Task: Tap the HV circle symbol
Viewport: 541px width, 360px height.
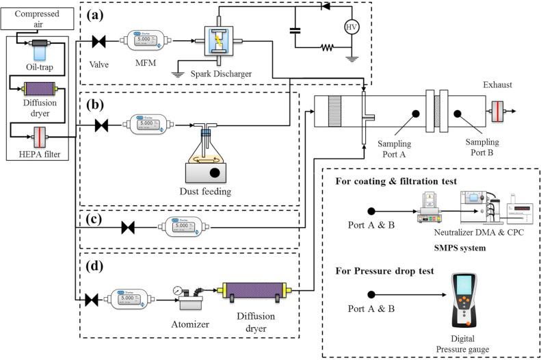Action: point(351,27)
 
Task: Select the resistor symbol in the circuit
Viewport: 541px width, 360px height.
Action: point(326,48)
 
